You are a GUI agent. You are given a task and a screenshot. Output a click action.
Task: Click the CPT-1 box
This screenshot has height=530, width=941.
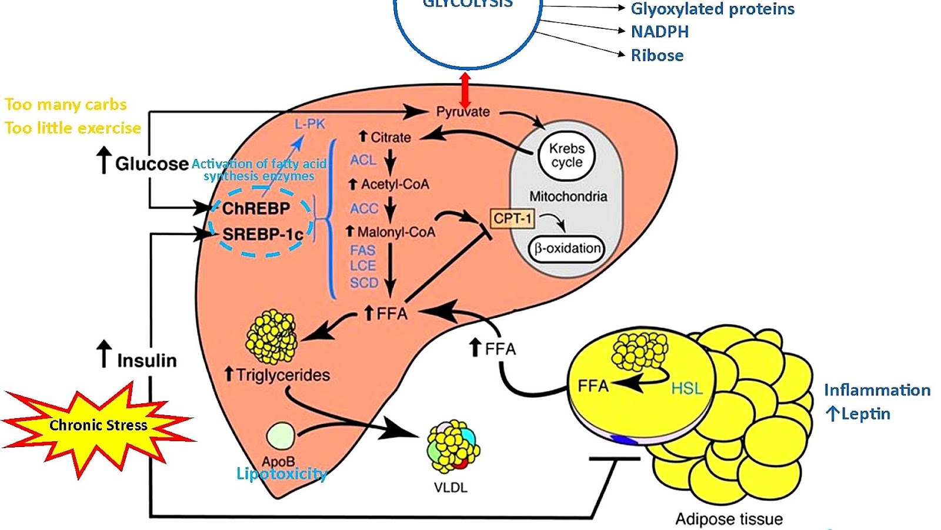[512, 218]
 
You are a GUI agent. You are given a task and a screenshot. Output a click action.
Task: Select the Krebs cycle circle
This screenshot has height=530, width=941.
[566, 155]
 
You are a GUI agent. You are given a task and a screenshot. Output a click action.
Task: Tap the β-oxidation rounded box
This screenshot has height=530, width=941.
[566, 249]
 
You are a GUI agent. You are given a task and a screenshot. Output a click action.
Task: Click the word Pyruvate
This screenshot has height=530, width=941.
[463, 112]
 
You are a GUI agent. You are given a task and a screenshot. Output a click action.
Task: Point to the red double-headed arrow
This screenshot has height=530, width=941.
[465, 90]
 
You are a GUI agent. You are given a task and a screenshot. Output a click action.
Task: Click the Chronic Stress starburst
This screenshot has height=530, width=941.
[98, 425]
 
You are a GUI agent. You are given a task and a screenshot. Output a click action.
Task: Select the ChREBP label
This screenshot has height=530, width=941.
[256, 208]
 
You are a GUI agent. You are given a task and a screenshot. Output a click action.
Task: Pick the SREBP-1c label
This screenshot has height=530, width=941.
[262, 234]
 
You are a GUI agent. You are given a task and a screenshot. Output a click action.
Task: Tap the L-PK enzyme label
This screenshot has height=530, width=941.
[309, 124]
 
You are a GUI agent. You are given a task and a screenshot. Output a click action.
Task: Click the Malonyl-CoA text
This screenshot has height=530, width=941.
[396, 232]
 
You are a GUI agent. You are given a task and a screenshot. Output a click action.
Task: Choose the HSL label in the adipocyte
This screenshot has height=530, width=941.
[686, 389]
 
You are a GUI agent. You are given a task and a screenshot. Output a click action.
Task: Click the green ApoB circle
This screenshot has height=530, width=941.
[281, 436]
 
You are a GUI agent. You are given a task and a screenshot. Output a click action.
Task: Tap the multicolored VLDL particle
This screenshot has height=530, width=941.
[453, 446]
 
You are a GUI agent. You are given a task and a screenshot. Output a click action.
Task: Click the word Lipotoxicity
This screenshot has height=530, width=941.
[281, 473]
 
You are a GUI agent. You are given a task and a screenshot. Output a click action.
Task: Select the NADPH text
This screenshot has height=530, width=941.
[659, 32]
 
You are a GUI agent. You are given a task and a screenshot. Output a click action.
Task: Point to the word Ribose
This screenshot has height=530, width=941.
[657, 55]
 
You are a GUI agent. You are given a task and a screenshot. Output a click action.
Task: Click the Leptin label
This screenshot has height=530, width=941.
[865, 414]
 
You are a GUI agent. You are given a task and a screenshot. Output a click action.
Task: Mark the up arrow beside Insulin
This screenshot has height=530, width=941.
[104, 353]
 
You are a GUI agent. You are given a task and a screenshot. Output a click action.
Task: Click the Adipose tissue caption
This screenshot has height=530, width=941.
[729, 519]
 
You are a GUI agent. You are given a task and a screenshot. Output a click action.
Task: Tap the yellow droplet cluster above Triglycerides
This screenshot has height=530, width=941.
[272, 337]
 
